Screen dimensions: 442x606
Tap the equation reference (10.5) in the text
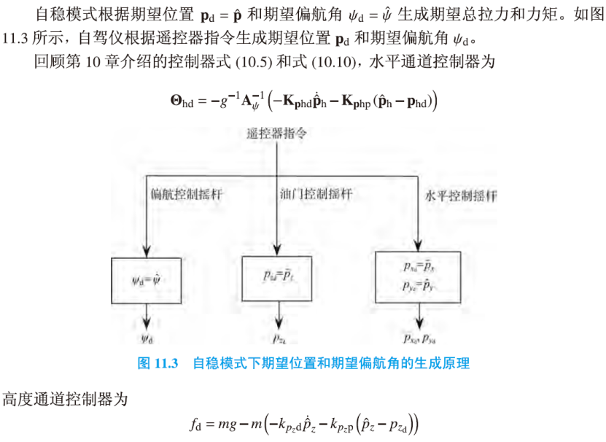(268, 62)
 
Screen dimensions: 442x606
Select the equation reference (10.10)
(335, 62)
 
